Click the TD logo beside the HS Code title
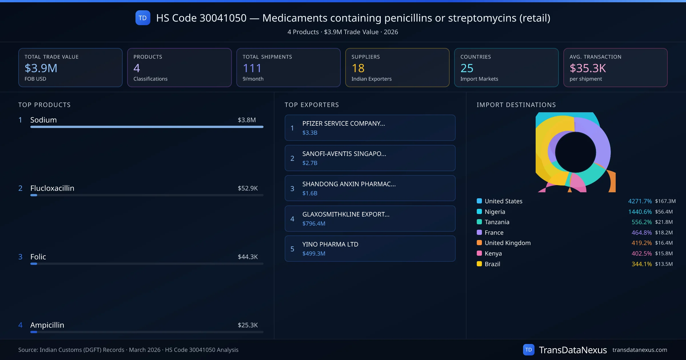coord(143,18)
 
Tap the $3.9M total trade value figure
coord(41,68)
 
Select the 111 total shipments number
coord(252,68)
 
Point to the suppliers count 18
coord(358,68)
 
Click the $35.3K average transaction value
coord(588,68)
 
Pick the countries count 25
coord(467,68)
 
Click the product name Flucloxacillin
coord(52,188)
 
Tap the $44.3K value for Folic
coord(248,257)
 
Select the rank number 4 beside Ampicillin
coord(20,325)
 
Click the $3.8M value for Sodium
coord(247,120)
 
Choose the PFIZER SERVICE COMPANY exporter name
coord(344,123)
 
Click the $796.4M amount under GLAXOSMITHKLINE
coord(314,223)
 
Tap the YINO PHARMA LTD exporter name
coord(330,244)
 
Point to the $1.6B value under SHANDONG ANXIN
coord(310,193)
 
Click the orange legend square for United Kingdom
coord(479,243)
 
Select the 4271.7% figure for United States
coord(640,201)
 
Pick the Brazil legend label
coord(492,264)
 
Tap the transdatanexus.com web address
coord(640,350)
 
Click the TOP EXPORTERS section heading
coord(312,105)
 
